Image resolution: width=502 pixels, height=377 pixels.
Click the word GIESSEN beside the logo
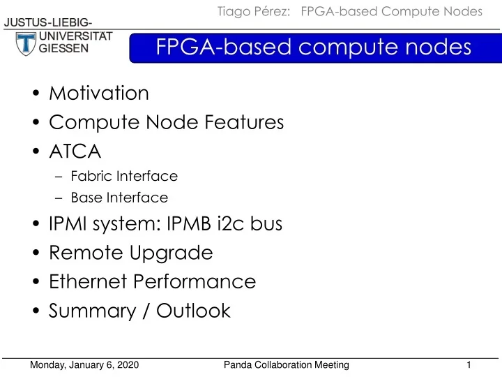click(x=63, y=49)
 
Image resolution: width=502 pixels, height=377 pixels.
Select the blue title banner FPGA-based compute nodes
click(x=314, y=47)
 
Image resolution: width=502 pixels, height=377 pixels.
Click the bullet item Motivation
click(x=99, y=93)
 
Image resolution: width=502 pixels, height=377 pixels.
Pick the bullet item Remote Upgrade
click(x=130, y=253)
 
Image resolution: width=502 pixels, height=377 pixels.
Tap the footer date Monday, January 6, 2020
click(x=86, y=365)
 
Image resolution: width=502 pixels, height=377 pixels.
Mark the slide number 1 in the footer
click(x=469, y=365)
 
